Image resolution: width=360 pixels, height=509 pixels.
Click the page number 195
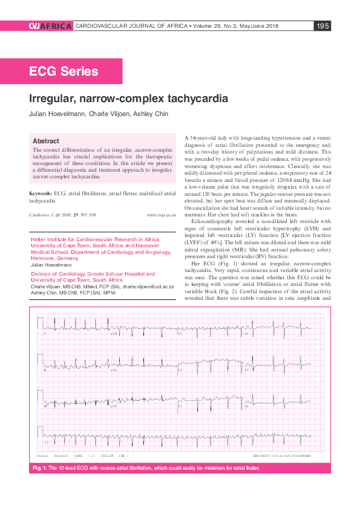pos(322,26)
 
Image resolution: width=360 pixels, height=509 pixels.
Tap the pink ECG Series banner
pos(64,71)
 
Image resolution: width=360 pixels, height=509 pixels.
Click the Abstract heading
pos(46,140)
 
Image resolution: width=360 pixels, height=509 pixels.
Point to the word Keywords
pos(41,193)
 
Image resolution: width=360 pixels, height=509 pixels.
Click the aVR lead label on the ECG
pos(113,334)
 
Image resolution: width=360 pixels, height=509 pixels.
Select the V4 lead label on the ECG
pos(246,334)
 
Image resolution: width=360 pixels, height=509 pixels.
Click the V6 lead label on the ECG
pos(246,406)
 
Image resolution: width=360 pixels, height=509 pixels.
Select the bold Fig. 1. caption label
pos(43,468)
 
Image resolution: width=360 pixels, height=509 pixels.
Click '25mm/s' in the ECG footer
pos(42,455)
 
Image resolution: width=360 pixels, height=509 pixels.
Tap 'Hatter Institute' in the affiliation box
pos(50,239)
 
